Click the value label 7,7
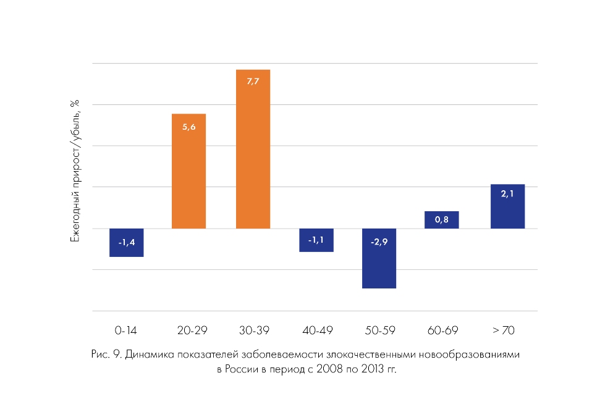click(253, 82)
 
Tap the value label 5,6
click(189, 126)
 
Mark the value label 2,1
click(507, 194)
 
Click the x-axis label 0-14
click(126, 330)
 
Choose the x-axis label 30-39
click(253, 330)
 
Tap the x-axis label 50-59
click(379, 330)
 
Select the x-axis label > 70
click(504, 330)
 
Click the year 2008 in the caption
click(327, 369)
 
